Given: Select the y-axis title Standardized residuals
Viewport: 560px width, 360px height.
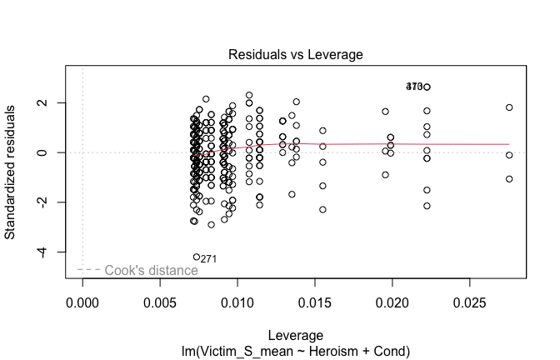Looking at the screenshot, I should (11, 172).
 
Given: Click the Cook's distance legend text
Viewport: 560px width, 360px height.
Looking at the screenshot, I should (152, 270).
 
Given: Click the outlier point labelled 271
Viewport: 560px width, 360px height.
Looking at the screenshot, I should (197, 257).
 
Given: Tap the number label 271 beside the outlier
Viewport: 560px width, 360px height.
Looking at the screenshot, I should (209, 259).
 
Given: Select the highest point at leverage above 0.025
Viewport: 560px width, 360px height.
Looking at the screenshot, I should (509, 107).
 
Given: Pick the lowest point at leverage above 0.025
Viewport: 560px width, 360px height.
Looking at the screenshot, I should (509, 179).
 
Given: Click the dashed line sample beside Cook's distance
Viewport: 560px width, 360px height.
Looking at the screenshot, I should (89, 270).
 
